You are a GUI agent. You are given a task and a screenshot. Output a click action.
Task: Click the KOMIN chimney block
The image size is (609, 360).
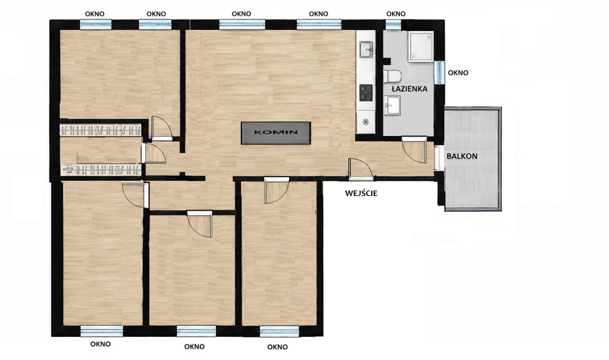pos(275,133)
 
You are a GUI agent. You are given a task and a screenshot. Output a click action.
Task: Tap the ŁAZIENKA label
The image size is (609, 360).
pos(410,89)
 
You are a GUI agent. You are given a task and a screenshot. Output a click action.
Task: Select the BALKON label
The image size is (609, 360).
pos(462,156)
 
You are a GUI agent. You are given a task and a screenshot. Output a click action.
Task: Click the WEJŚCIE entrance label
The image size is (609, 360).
pos(361,193)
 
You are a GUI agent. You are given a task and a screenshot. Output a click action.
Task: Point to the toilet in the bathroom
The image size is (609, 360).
pos(393,77)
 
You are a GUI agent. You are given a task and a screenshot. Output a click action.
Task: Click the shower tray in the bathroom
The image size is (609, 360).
pos(420,47)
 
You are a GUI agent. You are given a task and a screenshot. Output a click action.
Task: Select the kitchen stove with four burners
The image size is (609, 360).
pos(366,93)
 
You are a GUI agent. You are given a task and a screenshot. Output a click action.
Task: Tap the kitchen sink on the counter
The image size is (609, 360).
pos(366,49)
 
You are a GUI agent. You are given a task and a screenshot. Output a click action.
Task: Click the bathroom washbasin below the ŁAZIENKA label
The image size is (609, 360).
pos(392,105)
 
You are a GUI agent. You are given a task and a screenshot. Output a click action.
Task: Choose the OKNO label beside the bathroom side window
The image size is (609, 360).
pos(458,73)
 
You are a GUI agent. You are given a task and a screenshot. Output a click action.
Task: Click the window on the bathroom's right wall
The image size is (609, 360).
pos(439,73)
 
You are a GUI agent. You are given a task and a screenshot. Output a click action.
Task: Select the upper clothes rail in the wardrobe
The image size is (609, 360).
pos(100,130)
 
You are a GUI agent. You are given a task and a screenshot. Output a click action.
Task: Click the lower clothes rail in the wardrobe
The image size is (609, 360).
pos(102,170)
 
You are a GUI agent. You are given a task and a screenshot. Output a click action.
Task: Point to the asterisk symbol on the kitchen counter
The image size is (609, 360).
pos(366,122)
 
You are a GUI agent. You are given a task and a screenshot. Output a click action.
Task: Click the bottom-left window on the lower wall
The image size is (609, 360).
pos(102,331)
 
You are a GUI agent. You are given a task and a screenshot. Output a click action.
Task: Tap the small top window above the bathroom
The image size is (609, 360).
pos(393,25)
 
